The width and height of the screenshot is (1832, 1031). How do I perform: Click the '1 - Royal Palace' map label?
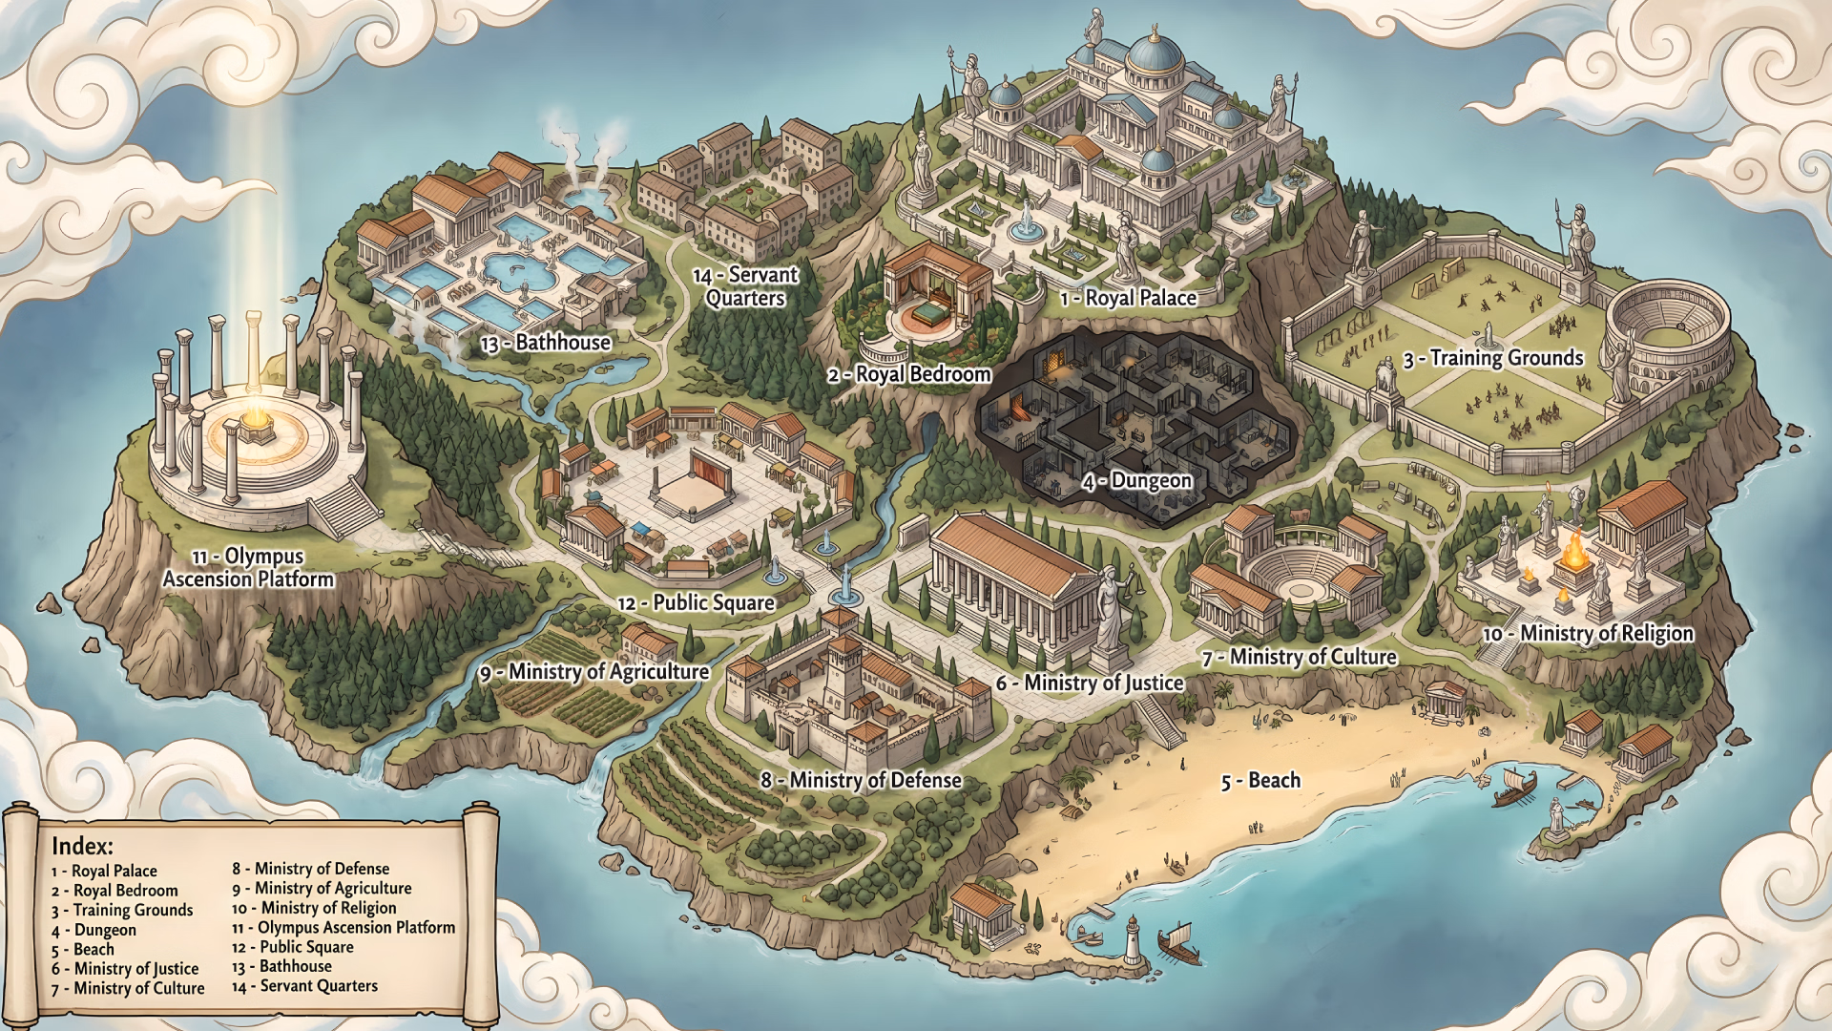coord(1128,298)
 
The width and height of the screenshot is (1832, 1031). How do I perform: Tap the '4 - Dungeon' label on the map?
coord(1137,481)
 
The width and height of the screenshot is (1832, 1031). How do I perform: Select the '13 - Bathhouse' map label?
coord(546,343)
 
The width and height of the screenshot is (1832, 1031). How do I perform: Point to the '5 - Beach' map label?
coord(1260,781)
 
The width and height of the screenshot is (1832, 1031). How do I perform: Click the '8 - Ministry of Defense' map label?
coord(862,781)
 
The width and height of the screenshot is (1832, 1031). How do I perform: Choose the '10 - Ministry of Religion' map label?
coord(1588,634)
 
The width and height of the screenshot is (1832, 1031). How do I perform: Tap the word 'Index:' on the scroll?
coord(82,846)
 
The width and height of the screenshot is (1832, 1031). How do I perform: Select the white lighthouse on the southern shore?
coord(1133,940)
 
